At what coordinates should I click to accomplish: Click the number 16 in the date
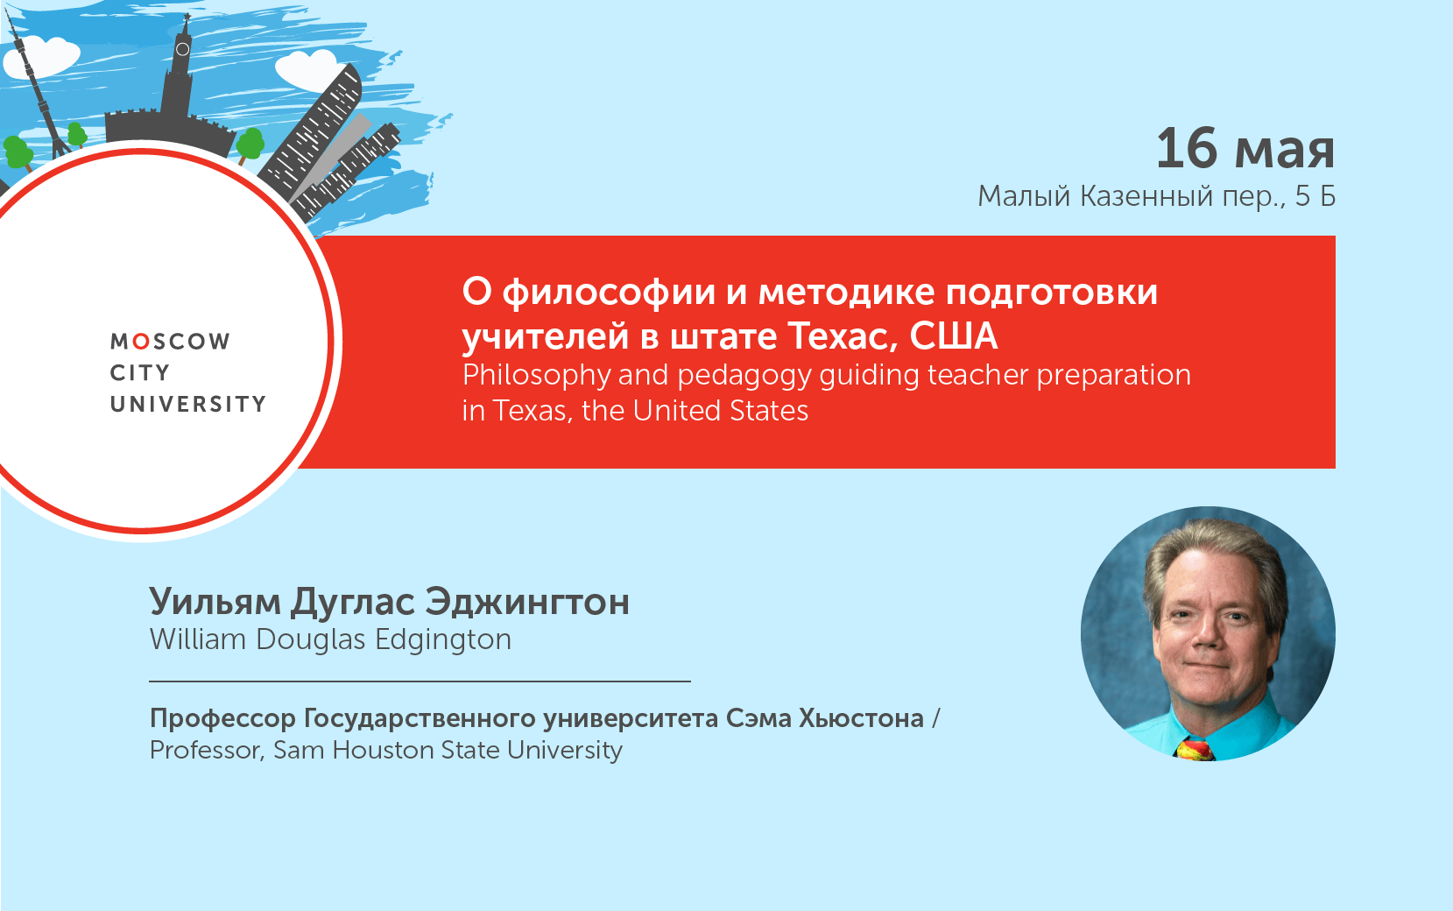click(x=1187, y=148)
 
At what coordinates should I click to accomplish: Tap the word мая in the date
click(x=1285, y=151)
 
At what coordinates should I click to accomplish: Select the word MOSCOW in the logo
click(x=170, y=341)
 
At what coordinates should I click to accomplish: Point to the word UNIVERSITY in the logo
click(x=188, y=404)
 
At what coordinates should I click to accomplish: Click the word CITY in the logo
click(x=140, y=372)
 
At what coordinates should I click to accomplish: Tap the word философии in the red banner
click(x=609, y=292)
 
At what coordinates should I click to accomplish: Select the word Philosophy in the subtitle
click(x=536, y=376)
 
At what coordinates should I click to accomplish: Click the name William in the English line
click(x=198, y=639)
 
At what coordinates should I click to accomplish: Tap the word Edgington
click(x=442, y=640)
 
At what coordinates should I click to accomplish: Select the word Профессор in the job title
click(x=222, y=718)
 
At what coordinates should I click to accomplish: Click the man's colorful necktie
click(x=1196, y=749)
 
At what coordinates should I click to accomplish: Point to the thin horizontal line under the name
click(x=420, y=681)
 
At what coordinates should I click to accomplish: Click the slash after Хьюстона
click(x=936, y=718)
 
